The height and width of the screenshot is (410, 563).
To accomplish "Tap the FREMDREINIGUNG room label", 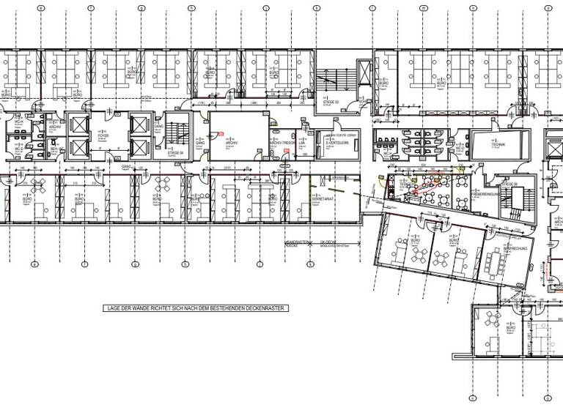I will (488, 195).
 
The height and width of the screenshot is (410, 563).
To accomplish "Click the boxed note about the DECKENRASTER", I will (196, 309).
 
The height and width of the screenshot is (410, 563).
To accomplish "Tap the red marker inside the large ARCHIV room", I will (219, 134).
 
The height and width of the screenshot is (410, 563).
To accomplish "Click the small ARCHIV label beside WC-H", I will (54, 126).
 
